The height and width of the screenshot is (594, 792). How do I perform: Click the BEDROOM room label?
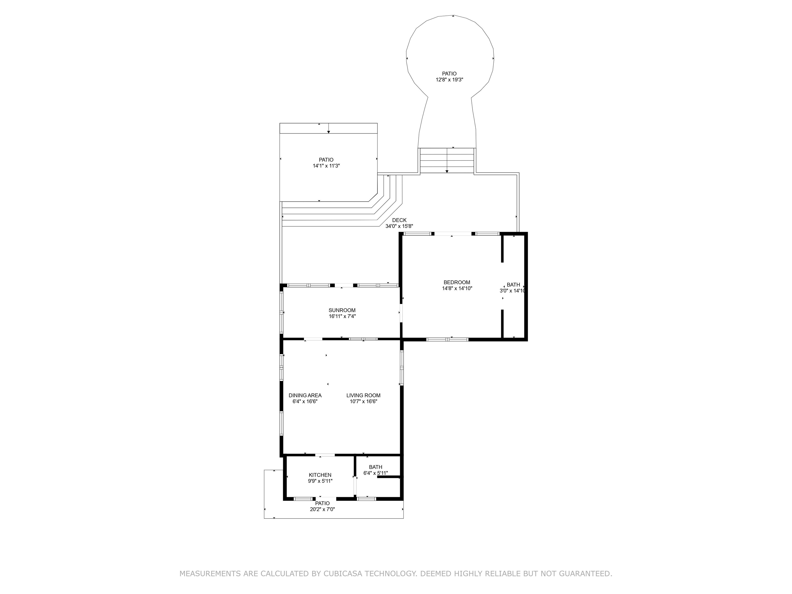(x=457, y=282)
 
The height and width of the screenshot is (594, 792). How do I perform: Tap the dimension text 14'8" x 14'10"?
(x=457, y=288)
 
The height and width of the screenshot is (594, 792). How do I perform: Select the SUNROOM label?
(x=342, y=310)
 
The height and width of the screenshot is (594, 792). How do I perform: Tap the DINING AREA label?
(x=305, y=395)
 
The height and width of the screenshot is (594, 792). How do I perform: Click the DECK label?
(x=399, y=220)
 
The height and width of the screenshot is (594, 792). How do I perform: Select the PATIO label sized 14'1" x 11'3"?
(x=326, y=160)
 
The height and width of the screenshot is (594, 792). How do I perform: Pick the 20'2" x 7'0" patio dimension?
(x=322, y=509)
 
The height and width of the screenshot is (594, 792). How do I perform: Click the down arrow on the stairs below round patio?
(x=447, y=171)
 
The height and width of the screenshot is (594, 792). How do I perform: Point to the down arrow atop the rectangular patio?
(x=328, y=132)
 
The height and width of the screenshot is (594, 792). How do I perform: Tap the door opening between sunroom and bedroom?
(x=401, y=313)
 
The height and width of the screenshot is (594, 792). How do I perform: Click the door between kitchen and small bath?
(x=356, y=485)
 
